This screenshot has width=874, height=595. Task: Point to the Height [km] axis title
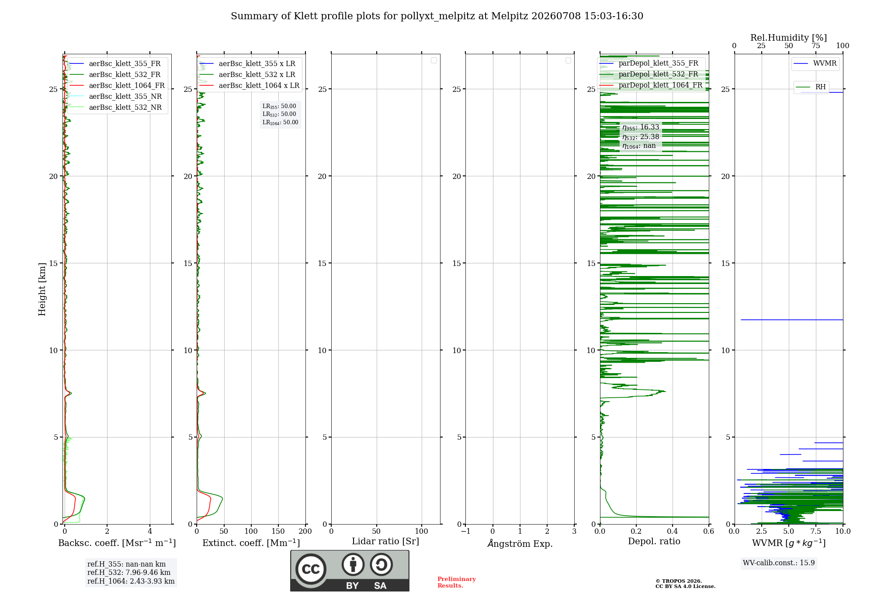point(42,289)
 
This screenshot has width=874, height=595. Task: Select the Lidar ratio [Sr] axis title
point(385,541)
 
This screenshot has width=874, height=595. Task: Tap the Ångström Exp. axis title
point(520,543)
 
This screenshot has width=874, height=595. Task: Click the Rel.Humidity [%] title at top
point(788,38)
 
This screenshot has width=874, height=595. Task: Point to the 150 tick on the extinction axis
point(278,531)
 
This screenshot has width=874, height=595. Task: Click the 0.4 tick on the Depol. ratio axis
point(673,531)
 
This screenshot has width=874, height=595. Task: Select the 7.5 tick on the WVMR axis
point(816,531)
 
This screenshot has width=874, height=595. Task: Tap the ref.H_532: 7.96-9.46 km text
point(129,572)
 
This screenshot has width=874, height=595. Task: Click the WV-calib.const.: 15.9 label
point(779,563)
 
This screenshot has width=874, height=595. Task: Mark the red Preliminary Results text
point(457,582)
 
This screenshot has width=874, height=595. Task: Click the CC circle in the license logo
point(311,569)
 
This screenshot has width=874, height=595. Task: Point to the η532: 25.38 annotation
point(641,136)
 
